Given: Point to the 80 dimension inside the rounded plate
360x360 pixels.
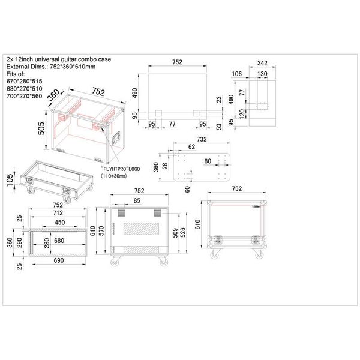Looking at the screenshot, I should coord(207,161).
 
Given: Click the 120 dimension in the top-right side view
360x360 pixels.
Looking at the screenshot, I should coord(241,113).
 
